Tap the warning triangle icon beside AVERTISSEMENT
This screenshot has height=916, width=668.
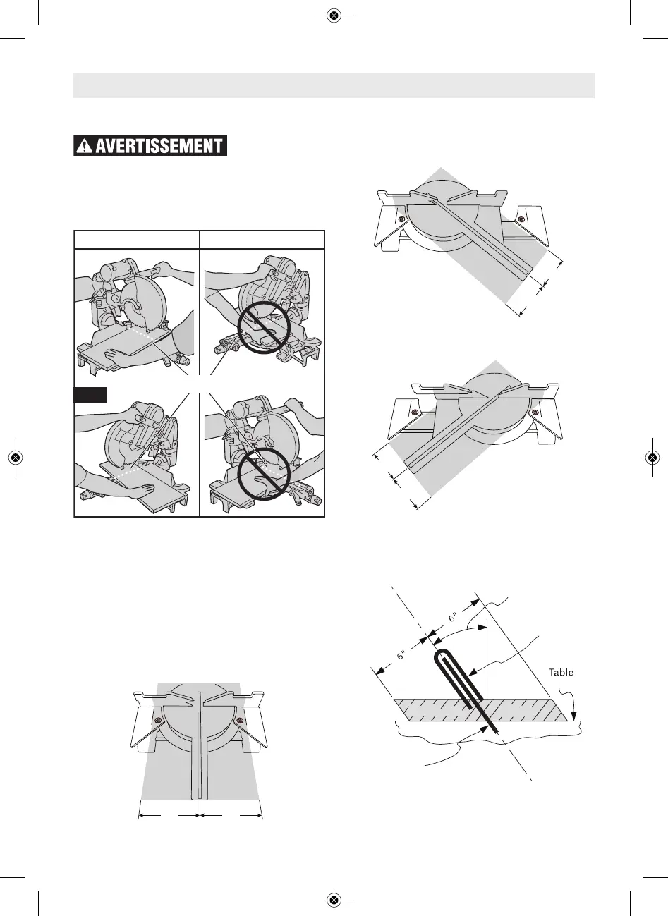click(84, 147)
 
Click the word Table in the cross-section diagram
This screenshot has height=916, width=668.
click(561, 672)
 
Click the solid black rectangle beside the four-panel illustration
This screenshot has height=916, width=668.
click(90, 394)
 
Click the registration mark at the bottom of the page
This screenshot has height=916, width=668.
click(334, 899)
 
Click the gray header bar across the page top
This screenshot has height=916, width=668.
click(334, 85)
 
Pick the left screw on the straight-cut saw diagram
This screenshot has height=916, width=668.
click(159, 720)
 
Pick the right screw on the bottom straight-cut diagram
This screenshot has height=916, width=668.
click(240, 720)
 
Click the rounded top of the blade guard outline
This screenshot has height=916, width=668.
click(442, 652)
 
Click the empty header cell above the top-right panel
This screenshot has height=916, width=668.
click(262, 238)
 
